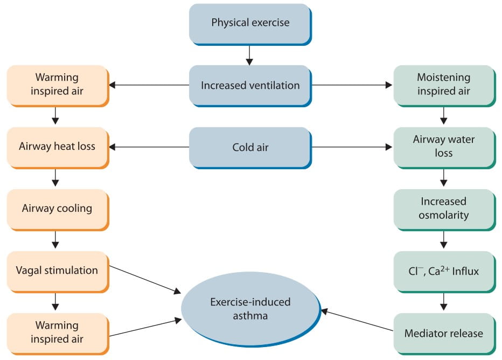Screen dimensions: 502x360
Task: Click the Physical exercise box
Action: point(250,24)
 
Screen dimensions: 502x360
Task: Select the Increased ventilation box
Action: point(250,86)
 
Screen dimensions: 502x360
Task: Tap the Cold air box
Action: point(250,148)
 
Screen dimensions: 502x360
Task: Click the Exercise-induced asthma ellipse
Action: point(250,309)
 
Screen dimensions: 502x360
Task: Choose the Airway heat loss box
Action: point(58,148)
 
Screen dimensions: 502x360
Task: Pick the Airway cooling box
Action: point(58,210)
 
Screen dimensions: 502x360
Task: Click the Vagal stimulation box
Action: point(58,272)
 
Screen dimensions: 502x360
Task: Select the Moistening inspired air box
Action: point(444,86)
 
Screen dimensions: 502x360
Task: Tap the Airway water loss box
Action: point(444,148)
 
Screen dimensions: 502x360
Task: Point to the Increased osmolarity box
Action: point(444,210)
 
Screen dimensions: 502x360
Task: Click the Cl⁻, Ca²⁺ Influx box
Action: point(444,272)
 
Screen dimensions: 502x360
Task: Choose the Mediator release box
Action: point(444,334)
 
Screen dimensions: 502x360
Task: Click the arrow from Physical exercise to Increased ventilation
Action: point(249,56)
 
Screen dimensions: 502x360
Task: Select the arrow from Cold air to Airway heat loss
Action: point(149,147)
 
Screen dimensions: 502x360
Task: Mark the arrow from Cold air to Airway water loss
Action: point(352,147)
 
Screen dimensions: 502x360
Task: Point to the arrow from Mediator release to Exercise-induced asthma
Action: point(357,320)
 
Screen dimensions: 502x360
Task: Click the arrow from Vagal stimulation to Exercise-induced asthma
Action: point(145,280)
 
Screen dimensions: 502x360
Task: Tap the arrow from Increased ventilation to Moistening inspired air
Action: point(352,85)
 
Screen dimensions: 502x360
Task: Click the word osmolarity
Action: point(443,215)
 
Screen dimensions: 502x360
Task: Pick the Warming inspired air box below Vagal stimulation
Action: point(58,334)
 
